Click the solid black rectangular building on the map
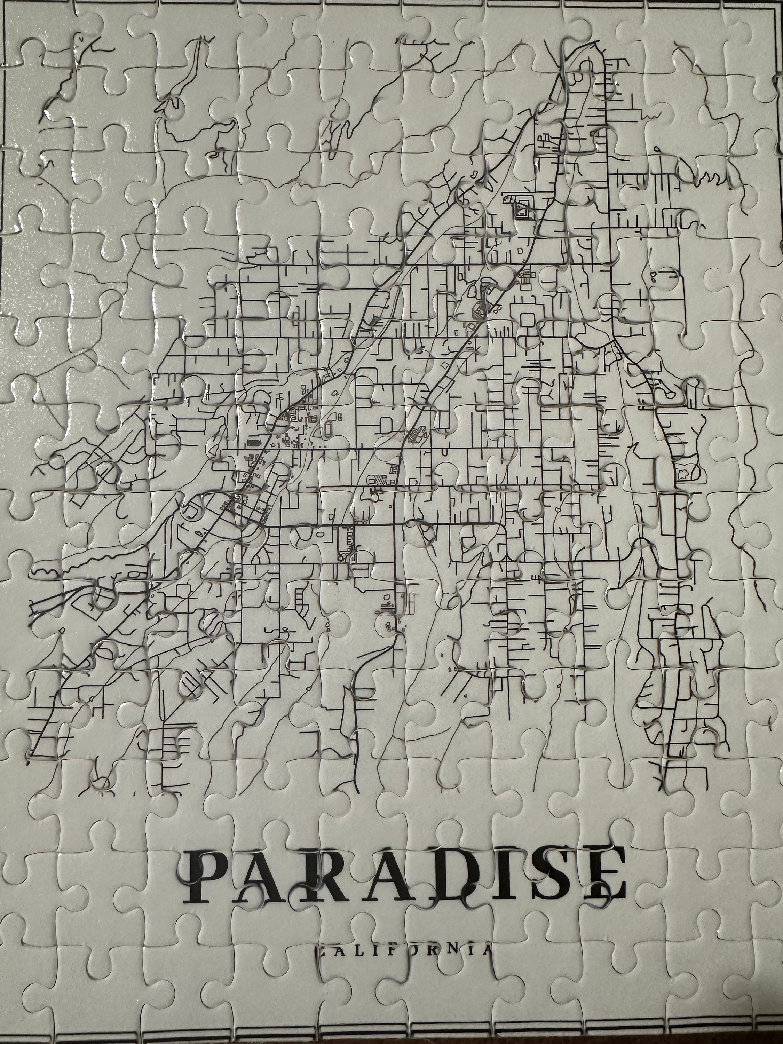(253, 443)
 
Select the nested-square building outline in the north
(523, 208)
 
